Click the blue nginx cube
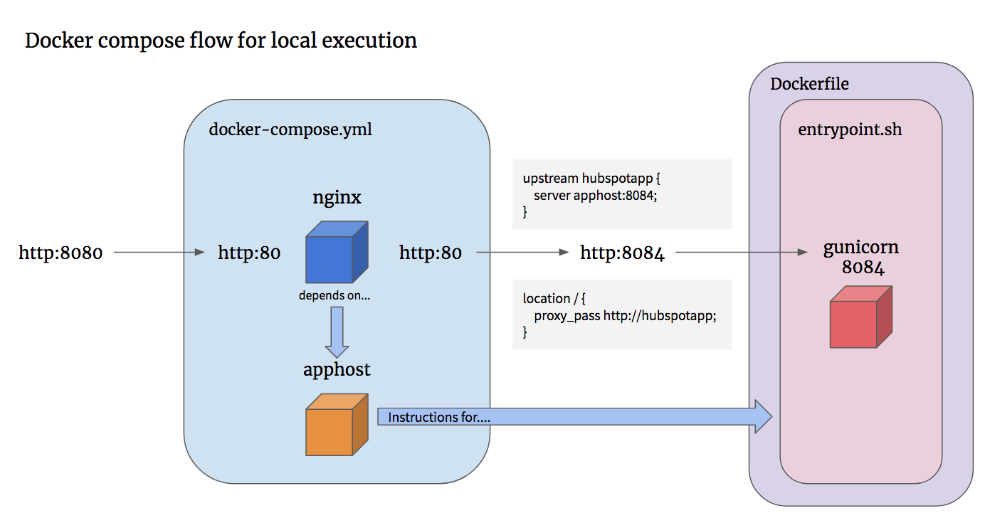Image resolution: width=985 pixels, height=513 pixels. pyautogui.click(x=337, y=252)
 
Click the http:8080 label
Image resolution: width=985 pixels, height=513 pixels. pyautogui.click(x=60, y=253)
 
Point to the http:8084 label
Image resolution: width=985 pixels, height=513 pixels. pyautogui.click(x=622, y=253)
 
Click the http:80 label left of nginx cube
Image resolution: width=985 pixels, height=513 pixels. pyautogui.click(x=249, y=253)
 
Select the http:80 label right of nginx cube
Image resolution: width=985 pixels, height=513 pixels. pyautogui.click(x=431, y=253)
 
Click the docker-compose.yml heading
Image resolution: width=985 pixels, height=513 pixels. pyautogui.click(x=290, y=129)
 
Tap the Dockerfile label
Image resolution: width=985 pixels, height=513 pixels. pyautogui.click(x=809, y=84)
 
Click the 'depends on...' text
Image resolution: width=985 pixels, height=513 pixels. pyautogui.click(x=335, y=295)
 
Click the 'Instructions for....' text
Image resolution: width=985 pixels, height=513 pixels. pyautogui.click(x=439, y=418)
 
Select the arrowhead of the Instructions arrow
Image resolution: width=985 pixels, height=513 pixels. pyautogui.click(x=763, y=416)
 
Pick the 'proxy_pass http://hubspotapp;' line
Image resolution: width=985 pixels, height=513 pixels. pyautogui.click(x=624, y=315)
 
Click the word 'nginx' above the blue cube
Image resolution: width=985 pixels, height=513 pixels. pyautogui.click(x=337, y=197)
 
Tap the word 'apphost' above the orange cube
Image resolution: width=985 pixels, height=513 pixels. pyautogui.click(x=337, y=370)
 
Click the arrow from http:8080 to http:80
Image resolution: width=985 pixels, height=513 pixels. pyautogui.click(x=159, y=252)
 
